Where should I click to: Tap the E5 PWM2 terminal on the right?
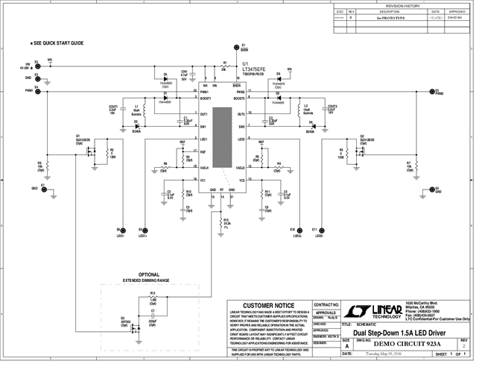click(x=431, y=90)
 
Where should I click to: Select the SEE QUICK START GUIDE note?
click(x=58, y=44)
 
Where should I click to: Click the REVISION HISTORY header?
click(x=403, y=5)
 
